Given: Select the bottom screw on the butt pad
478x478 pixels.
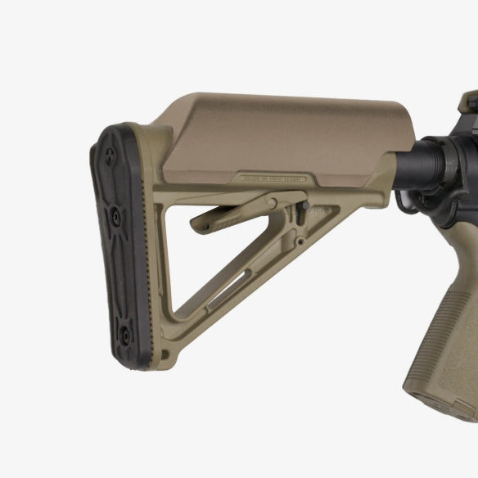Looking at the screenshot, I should pos(124,331).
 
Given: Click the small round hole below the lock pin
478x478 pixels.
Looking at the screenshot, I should pos(301,241).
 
